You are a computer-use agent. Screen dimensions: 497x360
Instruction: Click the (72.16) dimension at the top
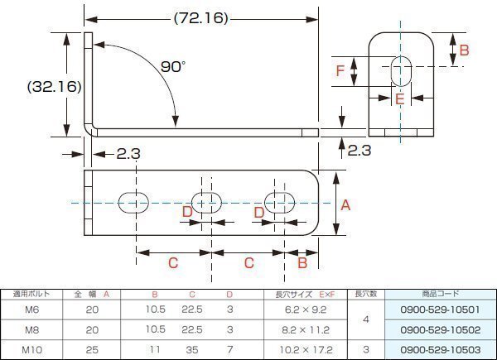[201, 18]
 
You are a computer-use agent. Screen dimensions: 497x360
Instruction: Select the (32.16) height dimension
[54, 86]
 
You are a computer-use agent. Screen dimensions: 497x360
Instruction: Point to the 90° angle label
[173, 66]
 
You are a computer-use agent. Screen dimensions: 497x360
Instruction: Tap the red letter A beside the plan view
[345, 205]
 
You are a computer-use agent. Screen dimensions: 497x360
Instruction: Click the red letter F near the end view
[340, 71]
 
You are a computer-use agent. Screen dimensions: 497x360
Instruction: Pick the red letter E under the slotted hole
[400, 99]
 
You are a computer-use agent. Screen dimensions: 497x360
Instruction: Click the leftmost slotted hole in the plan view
[133, 203]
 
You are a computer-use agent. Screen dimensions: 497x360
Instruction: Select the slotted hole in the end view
[401, 71]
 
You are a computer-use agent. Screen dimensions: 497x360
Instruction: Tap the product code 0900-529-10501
[441, 310]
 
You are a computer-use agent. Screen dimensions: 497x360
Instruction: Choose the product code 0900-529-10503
[441, 349]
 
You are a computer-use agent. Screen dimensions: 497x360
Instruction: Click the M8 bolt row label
[31, 329]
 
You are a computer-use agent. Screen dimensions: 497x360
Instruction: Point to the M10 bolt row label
[31, 349]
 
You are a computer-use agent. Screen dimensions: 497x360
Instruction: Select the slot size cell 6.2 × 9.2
[306, 310]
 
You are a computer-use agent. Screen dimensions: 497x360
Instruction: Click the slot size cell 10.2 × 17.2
[306, 349]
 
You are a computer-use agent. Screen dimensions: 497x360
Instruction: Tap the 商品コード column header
[441, 294]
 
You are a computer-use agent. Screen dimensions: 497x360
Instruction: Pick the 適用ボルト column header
[31, 294]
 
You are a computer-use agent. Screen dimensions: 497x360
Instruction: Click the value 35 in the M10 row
[192, 349]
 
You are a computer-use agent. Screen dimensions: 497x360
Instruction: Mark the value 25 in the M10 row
[92, 349]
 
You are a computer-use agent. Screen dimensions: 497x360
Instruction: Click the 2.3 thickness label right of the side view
[359, 150]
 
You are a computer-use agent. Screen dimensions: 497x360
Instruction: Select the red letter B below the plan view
[302, 263]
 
